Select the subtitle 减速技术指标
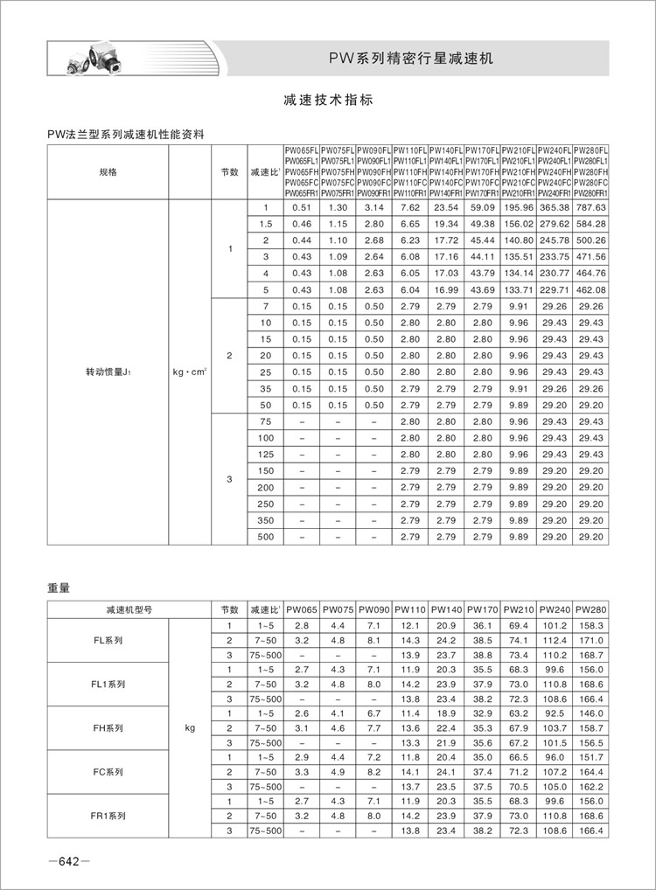[x=328, y=100]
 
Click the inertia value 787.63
[x=591, y=207]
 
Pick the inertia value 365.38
[x=555, y=207]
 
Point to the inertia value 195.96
[x=519, y=207]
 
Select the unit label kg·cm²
[x=190, y=372]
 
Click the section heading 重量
[x=58, y=588]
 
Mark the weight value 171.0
[x=591, y=641]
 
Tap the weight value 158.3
[x=591, y=626]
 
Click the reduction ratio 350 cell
[x=266, y=520]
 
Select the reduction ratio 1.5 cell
[x=266, y=224]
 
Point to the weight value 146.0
[x=591, y=713]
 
